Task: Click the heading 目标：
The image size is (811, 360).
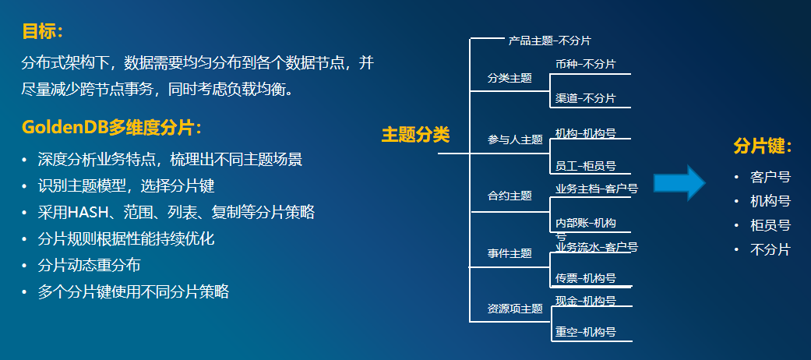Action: tap(42, 32)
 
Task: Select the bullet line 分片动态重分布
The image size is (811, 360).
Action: tap(90, 265)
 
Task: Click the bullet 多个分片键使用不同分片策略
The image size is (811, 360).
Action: tap(133, 291)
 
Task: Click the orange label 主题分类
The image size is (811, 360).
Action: tap(415, 135)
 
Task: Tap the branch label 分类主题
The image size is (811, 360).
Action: tap(510, 78)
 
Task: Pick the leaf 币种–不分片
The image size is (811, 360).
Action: tap(585, 64)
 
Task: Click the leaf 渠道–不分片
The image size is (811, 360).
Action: tap(585, 98)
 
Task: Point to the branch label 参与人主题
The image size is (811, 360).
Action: tap(515, 139)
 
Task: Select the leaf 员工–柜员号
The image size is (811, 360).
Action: tap(586, 166)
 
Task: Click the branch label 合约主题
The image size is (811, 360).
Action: tap(510, 196)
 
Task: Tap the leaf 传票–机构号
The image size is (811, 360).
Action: tap(586, 278)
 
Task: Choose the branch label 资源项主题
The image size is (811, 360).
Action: tap(515, 309)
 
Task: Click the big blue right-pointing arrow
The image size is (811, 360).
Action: tap(679, 183)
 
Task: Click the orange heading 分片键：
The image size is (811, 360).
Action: tap(763, 146)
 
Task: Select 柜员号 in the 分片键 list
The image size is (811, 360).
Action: tap(770, 225)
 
